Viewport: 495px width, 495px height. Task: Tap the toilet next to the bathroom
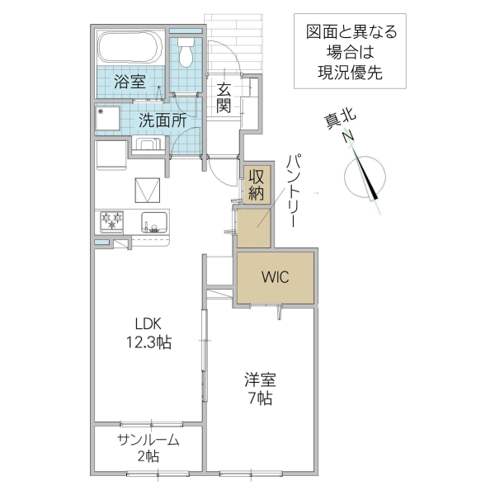[186, 51]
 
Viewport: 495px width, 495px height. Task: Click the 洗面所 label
[162, 119]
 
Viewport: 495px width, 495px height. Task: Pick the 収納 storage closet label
[256, 186]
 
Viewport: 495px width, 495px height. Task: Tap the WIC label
[276, 277]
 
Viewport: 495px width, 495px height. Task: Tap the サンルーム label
[148, 440]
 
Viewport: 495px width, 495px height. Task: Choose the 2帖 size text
[148, 457]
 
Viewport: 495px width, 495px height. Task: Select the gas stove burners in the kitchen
[111, 221]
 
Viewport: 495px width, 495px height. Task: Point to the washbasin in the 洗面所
[148, 146]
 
